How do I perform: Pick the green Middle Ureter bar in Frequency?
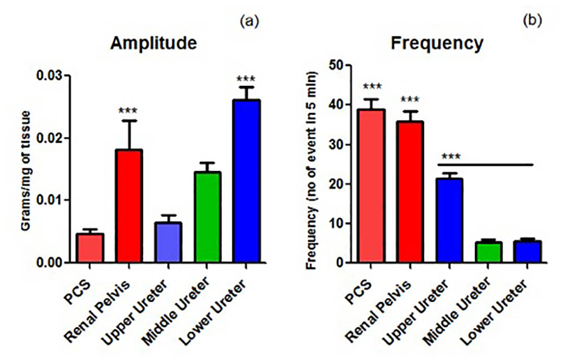488,253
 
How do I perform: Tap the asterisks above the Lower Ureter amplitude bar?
247,80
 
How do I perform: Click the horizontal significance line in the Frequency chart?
488,165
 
